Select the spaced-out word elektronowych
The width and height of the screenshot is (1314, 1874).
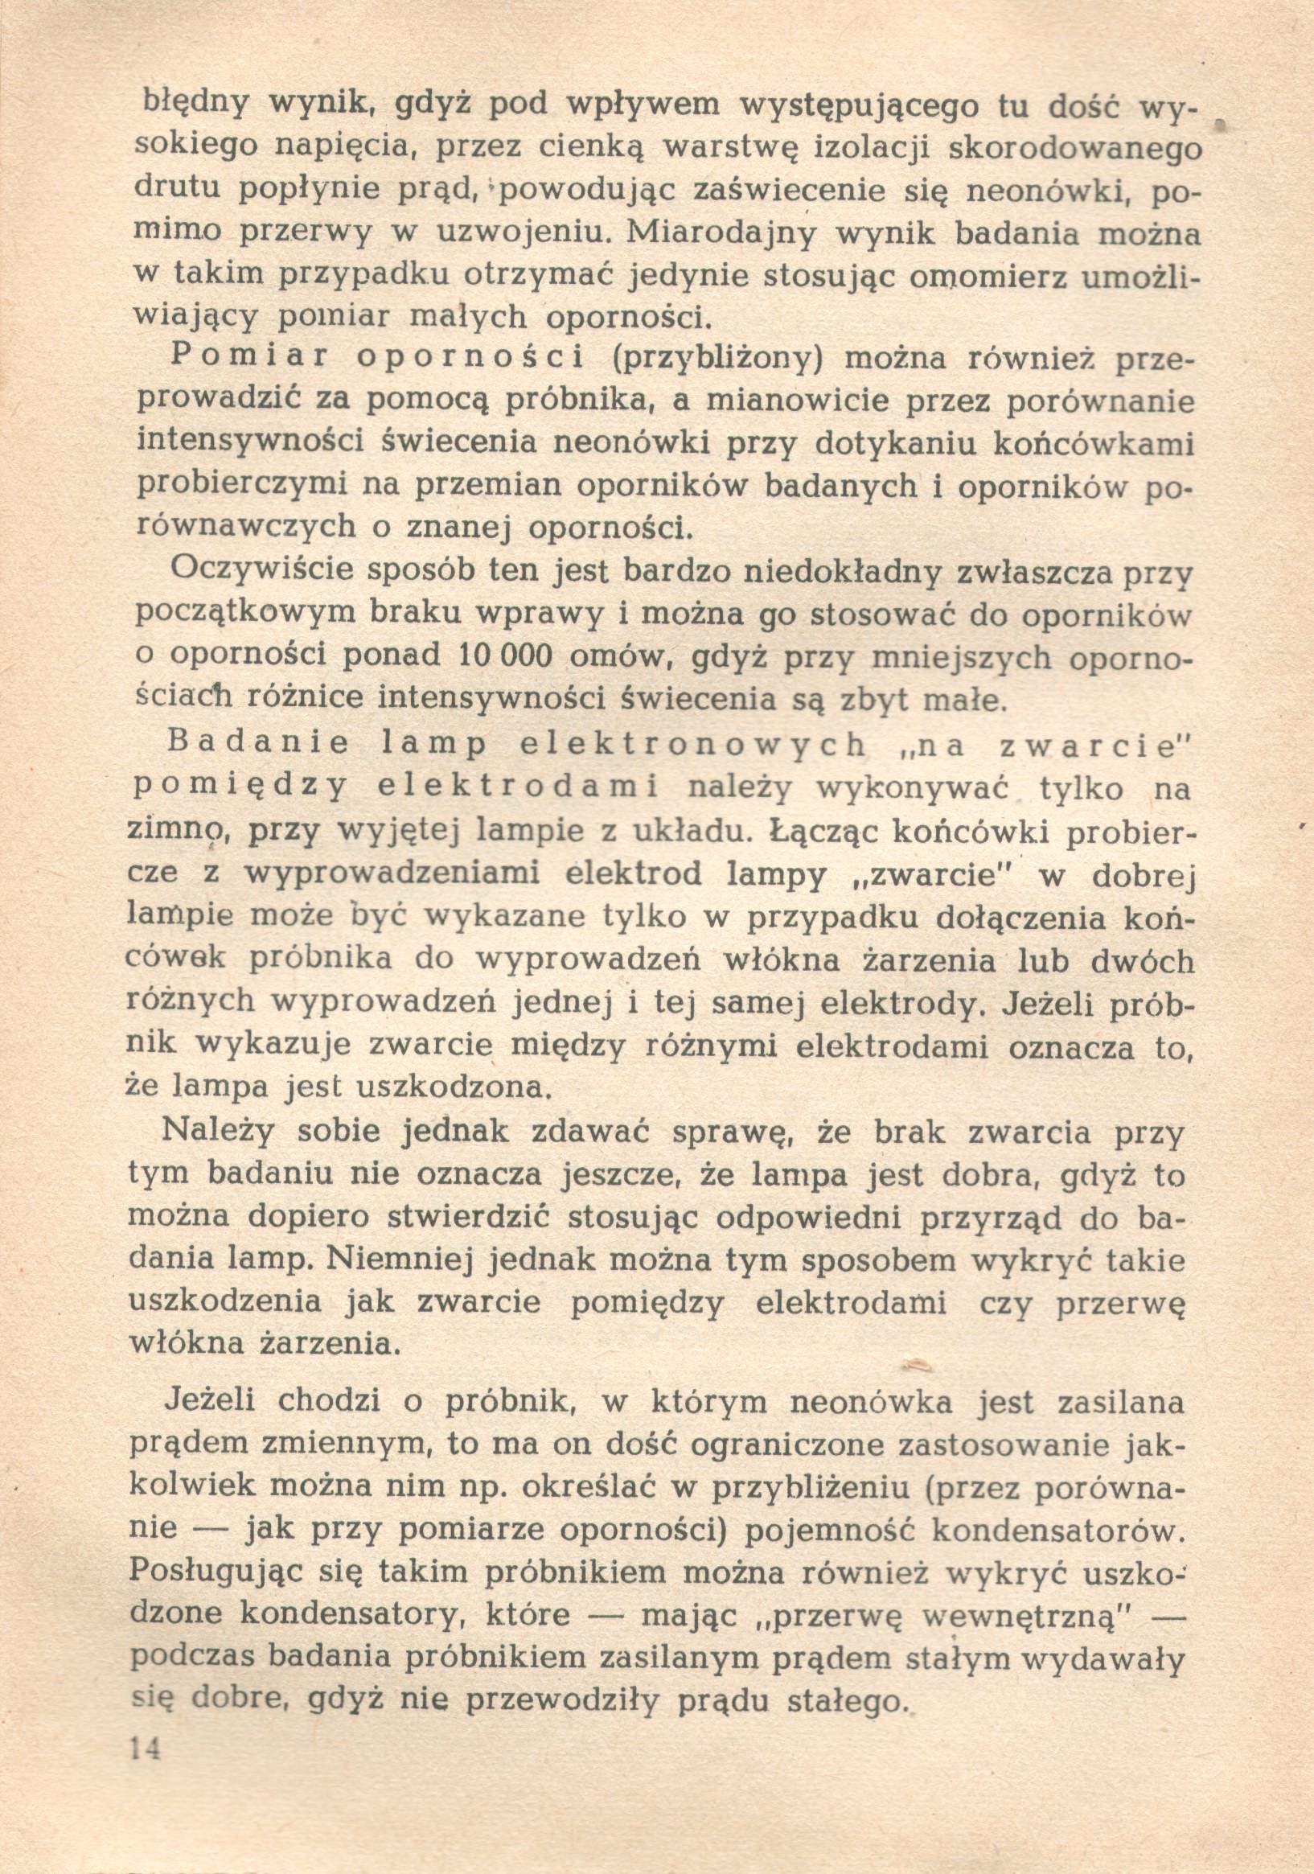coord(693,746)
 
